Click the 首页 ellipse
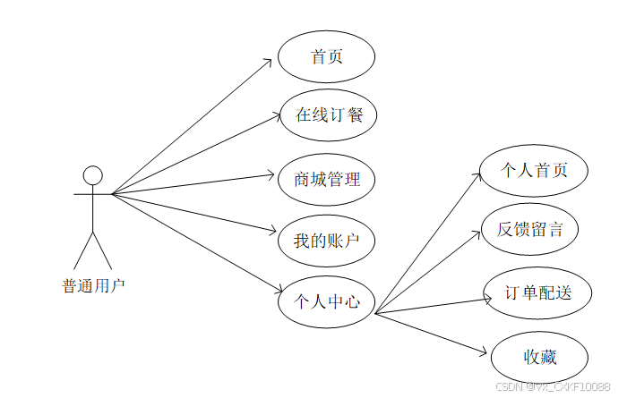(x=326, y=57)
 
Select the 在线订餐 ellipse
(x=326, y=114)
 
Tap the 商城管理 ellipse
(x=326, y=180)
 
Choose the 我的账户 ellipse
(x=326, y=241)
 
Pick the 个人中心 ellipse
(x=326, y=302)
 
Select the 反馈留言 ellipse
(x=529, y=229)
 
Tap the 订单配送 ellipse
(x=537, y=292)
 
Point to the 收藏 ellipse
(x=539, y=358)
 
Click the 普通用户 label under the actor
(x=93, y=286)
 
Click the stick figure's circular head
(x=92, y=175)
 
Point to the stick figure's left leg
(x=82, y=250)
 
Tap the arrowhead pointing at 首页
(x=268, y=62)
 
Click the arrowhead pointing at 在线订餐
(x=277, y=114)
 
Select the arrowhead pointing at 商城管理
(x=277, y=175)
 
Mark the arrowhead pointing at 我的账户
(x=277, y=231)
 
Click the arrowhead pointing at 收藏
(x=485, y=352)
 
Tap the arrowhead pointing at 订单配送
(x=488, y=297)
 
